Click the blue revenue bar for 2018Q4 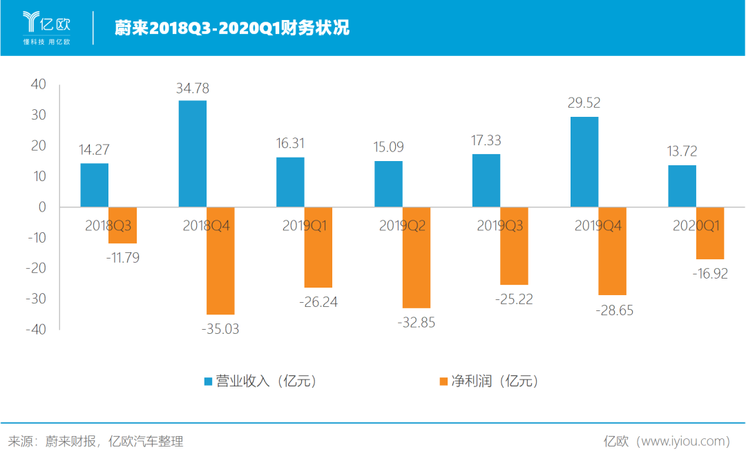[192, 153]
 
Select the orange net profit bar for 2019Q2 [417, 257]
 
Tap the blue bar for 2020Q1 [682, 186]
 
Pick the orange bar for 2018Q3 [122, 225]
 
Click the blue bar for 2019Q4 [584, 162]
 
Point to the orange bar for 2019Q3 [514, 246]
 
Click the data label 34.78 [192, 88]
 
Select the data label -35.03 [221, 329]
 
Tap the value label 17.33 [487, 140]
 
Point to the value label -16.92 [710, 274]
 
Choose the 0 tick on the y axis [42, 207]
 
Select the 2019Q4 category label [599, 225]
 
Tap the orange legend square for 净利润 [443, 382]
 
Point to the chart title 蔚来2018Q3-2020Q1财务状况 [231, 28]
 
